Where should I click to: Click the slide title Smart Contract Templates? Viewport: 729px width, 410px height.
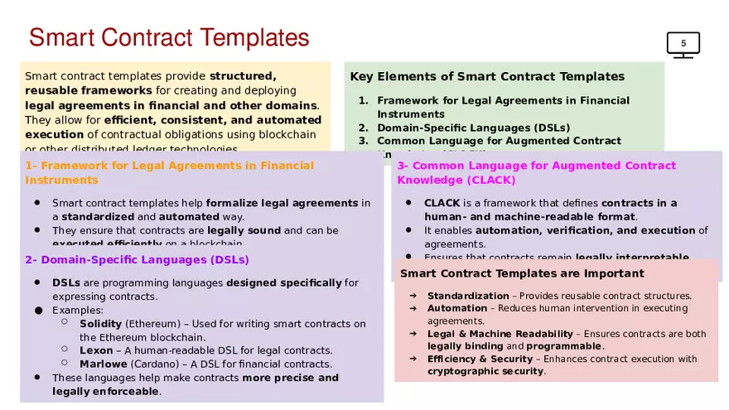(169, 37)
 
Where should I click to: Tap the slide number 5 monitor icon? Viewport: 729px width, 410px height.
(683, 44)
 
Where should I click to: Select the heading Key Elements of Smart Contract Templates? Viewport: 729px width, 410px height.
(487, 77)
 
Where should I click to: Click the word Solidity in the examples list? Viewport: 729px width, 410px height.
(100, 323)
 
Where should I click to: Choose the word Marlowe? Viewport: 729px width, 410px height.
(103, 364)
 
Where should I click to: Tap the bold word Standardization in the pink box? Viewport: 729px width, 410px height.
(468, 296)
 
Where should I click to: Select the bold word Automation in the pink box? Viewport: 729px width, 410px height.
(457, 308)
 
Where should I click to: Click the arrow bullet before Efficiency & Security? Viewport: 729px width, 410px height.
(412, 359)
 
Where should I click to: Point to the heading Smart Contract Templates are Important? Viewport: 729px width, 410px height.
(522, 273)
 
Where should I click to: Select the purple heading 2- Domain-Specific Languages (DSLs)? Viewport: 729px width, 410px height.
(137, 260)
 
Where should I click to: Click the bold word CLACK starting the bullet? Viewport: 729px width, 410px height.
(442, 203)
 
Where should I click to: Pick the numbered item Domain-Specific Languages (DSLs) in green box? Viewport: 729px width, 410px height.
(473, 128)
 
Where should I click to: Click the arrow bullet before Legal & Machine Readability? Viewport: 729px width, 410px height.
(412, 334)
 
